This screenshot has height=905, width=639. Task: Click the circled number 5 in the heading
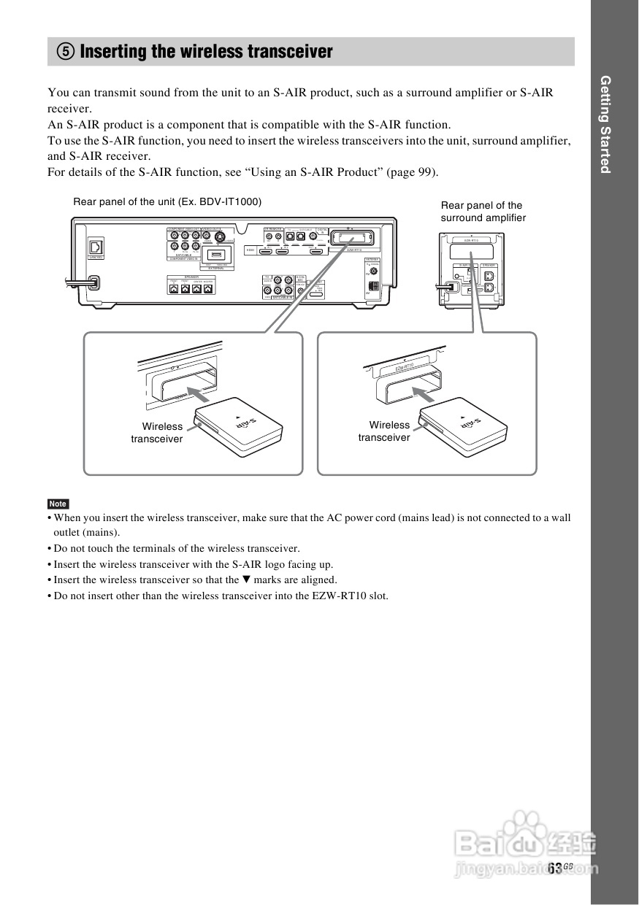pos(66,52)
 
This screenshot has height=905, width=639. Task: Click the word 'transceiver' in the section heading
pos(290,52)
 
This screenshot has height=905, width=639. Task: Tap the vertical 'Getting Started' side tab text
pos(605,124)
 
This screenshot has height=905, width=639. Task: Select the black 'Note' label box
pos(58,504)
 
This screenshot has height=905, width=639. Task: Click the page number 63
pos(555,867)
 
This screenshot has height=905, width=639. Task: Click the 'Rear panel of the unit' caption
pos(167,201)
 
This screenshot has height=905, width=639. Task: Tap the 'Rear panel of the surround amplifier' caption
pos(483,212)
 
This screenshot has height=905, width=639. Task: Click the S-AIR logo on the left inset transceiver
pos(248,425)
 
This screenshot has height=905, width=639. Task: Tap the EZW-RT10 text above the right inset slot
pos(405,367)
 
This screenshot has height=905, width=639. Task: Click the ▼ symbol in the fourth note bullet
pos(245,579)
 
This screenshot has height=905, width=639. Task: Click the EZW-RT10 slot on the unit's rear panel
pos(353,238)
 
